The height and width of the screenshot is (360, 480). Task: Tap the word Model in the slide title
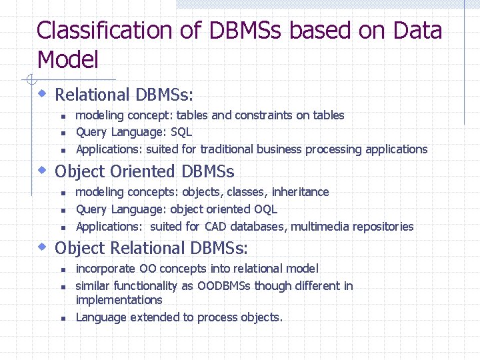pyautogui.click(x=68, y=60)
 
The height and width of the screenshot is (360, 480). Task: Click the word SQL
pyautogui.click(x=181, y=132)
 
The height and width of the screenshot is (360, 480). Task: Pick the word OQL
pyautogui.click(x=265, y=209)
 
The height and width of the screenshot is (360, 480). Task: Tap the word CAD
pyautogui.click(x=215, y=227)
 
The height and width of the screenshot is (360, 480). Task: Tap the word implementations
pyautogui.click(x=119, y=300)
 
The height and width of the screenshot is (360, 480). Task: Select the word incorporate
pyautogui.click(x=106, y=269)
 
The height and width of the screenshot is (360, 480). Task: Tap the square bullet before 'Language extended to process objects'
pyautogui.click(x=62, y=319)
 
